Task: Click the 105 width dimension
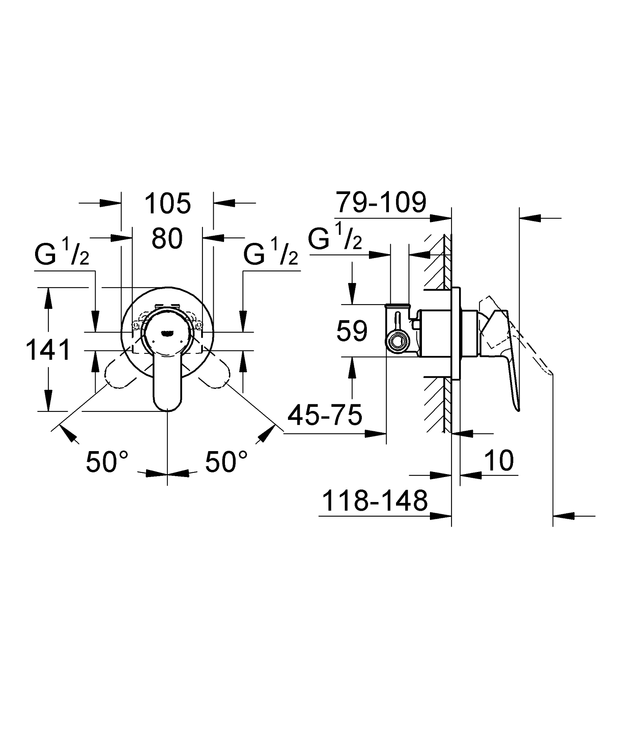coord(168,204)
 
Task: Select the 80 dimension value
coord(167,239)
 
